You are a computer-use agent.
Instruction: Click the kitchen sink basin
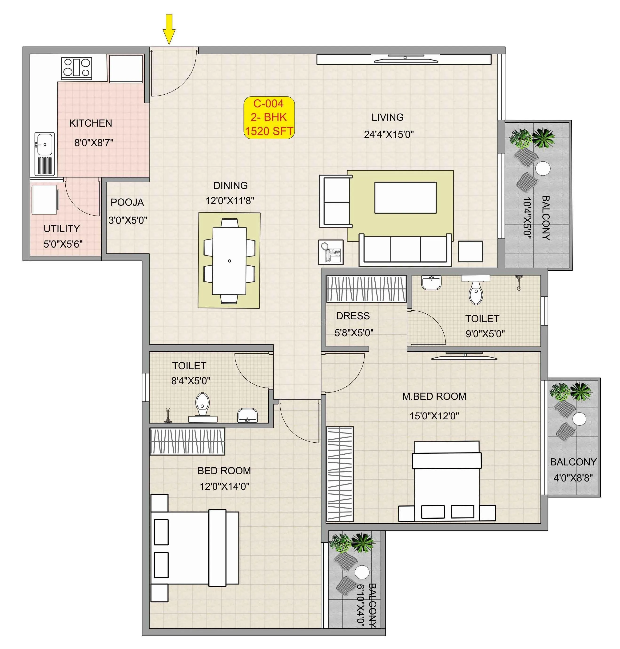pos(44,144)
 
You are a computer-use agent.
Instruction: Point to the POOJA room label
pos(127,202)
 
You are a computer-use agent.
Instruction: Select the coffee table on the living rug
pos(405,197)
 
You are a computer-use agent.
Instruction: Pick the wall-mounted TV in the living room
pos(405,60)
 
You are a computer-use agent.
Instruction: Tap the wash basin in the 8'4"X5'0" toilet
pos(247,415)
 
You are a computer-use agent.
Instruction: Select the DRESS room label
pos(353,316)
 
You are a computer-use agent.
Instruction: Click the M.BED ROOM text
pos(434,397)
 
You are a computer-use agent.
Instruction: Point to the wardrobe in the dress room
pos(366,289)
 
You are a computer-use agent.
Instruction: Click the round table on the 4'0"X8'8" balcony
pos(579,419)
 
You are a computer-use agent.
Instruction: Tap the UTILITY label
pos(62,229)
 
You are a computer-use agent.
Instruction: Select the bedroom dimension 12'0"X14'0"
pos(224,486)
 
